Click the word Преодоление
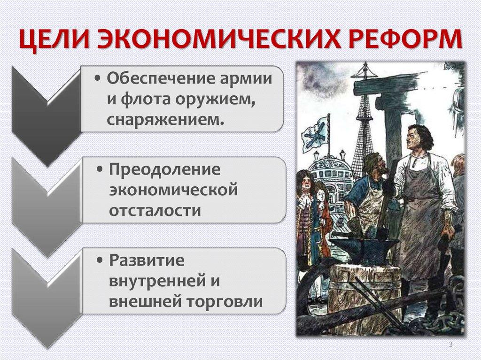pos(165,169)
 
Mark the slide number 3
pos(450,345)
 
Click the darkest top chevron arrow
pos(45,113)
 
